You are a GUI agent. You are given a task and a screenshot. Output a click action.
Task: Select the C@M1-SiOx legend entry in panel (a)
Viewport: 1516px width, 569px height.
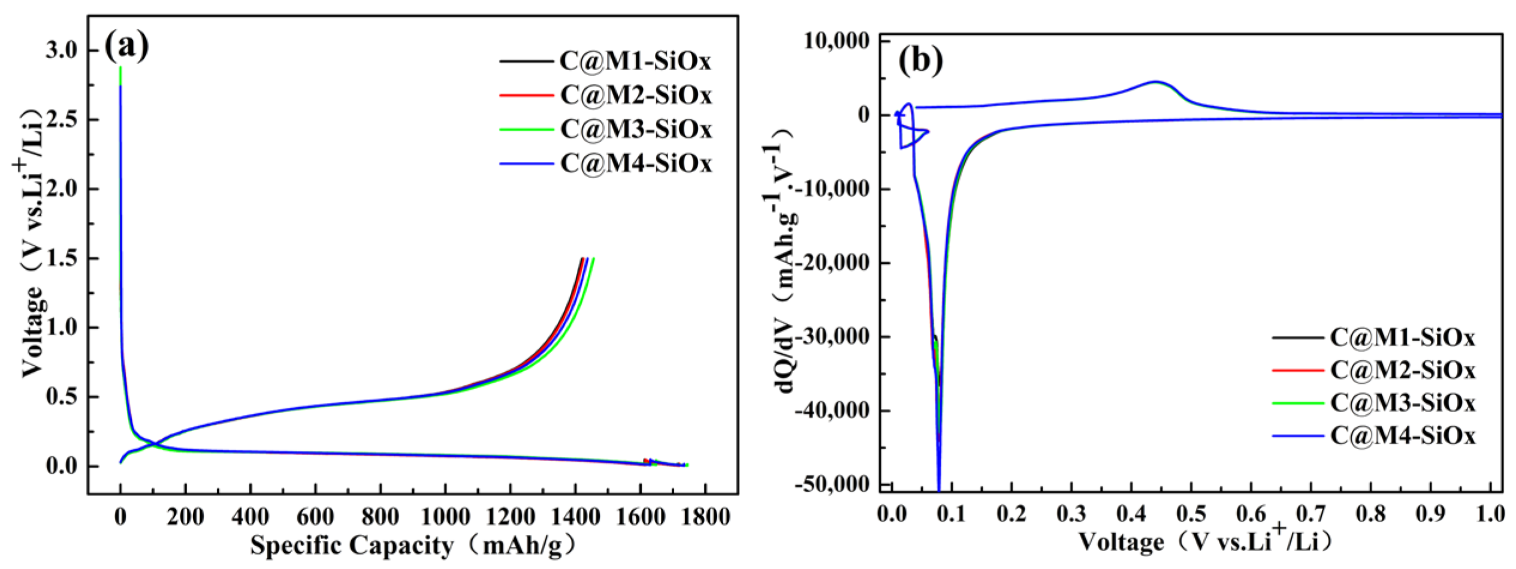point(606,61)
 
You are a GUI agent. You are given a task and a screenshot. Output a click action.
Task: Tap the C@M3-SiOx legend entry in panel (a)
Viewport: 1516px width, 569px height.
point(606,130)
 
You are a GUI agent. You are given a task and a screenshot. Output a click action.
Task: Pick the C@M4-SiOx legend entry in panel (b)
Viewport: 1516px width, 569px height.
point(1373,435)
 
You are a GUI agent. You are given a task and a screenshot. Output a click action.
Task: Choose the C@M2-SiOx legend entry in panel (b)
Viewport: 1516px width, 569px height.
point(1373,371)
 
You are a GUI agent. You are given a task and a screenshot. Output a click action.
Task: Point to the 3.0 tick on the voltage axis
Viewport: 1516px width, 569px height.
point(62,50)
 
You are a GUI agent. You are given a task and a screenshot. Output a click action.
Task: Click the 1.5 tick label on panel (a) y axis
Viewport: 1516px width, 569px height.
point(62,258)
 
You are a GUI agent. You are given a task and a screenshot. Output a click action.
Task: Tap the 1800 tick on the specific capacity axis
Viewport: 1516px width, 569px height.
point(705,516)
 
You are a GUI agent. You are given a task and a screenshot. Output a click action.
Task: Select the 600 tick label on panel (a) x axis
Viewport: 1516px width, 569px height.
point(315,516)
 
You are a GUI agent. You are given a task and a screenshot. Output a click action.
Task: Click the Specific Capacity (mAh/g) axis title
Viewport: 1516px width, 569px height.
point(413,546)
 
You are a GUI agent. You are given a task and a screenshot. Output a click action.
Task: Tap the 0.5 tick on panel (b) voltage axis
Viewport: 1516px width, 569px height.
point(1191,514)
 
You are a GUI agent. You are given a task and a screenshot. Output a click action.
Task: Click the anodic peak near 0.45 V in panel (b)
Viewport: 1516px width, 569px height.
point(1156,82)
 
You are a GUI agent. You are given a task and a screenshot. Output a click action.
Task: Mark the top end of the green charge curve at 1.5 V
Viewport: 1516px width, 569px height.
point(593,258)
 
